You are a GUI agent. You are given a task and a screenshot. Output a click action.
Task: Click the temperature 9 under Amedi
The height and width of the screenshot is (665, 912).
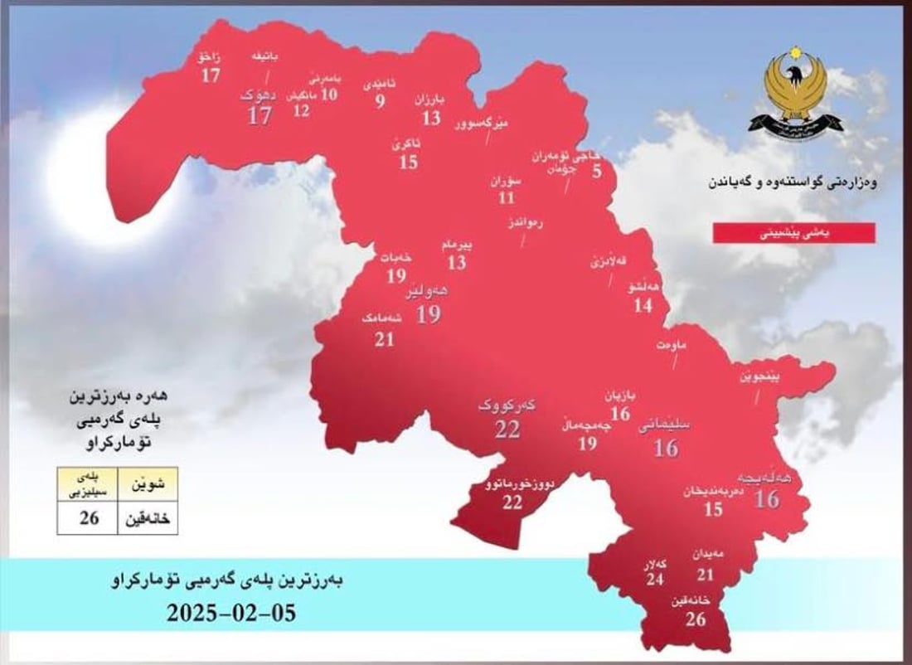click(381, 102)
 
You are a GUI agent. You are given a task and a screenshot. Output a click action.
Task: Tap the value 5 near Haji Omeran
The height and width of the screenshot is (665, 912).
click(597, 173)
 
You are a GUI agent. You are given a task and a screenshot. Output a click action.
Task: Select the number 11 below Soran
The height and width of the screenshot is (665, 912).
click(507, 198)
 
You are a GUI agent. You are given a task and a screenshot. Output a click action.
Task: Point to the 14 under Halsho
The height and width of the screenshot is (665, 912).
click(643, 305)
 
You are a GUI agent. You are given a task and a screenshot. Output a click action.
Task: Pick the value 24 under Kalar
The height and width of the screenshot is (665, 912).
click(655, 580)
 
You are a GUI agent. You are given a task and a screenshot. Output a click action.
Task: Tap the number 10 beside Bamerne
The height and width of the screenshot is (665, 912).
click(329, 95)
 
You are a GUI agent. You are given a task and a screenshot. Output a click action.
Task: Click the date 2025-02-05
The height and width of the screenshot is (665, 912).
click(231, 614)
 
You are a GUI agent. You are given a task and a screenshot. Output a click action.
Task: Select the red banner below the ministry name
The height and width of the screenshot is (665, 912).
click(793, 234)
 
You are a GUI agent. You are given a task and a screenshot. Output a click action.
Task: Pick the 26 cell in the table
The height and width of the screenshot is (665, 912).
click(89, 518)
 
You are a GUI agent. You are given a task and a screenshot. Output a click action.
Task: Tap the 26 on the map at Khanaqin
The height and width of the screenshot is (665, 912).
click(696, 619)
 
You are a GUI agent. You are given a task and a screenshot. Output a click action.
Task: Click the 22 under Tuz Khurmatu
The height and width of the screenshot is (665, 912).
click(513, 502)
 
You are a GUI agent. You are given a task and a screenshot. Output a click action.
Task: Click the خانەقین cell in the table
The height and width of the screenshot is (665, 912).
click(147, 518)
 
